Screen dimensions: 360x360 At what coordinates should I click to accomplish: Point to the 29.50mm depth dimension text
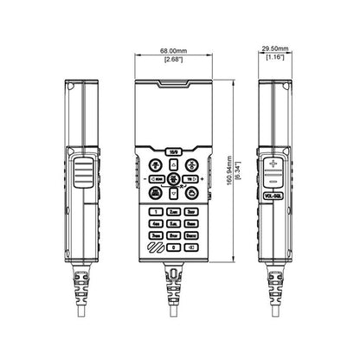click(276, 49)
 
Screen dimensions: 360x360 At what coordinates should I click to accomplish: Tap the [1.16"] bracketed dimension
click(276, 58)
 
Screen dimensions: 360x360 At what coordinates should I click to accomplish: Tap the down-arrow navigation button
click(174, 193)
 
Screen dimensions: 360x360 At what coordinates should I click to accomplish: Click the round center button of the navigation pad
click(174, 179)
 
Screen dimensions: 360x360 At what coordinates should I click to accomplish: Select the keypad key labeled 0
click(174, 247)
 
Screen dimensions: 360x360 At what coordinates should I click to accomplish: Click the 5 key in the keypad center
click(174, 222)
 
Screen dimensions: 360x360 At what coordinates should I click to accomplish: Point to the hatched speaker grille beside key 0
click(155, 247)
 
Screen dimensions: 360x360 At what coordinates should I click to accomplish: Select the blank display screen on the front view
click(174, 112)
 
